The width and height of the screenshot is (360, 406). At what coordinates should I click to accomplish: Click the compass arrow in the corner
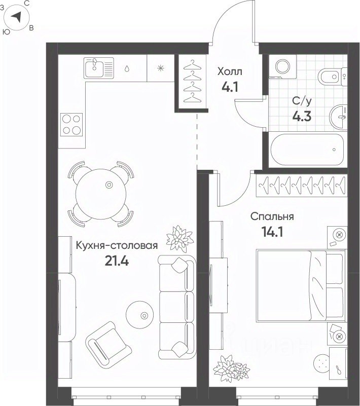[x=17, y=17]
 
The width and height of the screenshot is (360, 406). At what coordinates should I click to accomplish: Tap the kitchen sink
[x=99, y=68]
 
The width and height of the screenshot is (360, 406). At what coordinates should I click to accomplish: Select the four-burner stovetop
[x=71, y=125]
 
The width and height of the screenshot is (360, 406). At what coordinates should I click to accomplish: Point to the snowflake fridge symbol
[x=161, y=68]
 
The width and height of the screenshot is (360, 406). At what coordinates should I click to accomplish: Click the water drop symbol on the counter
[x=127, y=68]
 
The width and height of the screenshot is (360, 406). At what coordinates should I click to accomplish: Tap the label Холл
[x=230, y=71]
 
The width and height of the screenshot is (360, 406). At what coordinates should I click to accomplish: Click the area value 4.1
[x=230, y=87]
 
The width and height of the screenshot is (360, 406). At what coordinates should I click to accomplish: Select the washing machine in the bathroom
[x=282, y=66]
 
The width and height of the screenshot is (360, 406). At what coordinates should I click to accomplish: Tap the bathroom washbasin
[x=339, y=117]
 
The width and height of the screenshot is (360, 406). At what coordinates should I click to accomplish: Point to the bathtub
[x=307, y=150]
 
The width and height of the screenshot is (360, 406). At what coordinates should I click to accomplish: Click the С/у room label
[x=302, y=101]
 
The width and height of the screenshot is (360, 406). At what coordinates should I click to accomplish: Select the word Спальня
[x=272, y=216]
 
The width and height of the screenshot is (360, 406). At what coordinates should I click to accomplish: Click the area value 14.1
[x=272, y=232]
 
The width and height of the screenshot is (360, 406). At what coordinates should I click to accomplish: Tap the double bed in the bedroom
[x=301, y=285]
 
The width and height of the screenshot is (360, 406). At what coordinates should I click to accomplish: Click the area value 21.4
[x=117, y=261]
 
